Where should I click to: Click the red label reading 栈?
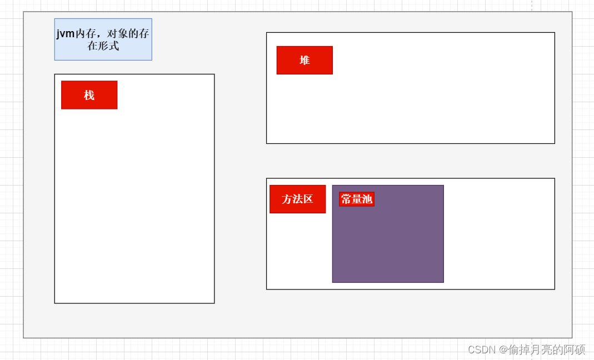tap(89, 95)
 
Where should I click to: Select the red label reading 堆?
tap(305, 60)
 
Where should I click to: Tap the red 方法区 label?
tap(297, 199)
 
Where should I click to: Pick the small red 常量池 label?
tap(357, 199)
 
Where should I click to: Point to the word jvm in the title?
tap(66, 34)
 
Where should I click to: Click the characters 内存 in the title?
tap(84, 34)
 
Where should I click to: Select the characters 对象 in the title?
tap(117, 34)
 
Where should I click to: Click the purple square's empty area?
tap(388, 244)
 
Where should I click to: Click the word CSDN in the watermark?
tap(481, 349)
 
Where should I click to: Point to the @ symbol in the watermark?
tap(503, 349)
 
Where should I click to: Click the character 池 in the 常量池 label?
tap(367, 199)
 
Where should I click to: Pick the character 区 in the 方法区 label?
tap(308, 199)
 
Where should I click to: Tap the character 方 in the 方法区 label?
tap(287, 199)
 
